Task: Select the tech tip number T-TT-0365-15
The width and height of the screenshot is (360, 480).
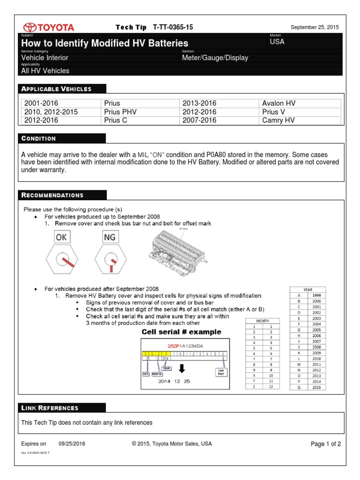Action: tap(172, 28)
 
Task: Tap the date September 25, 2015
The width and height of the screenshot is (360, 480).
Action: tap(315, 28)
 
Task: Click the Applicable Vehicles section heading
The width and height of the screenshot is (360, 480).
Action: tap(56, 89)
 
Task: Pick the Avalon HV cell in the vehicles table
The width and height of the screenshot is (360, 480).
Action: tap(279, 103)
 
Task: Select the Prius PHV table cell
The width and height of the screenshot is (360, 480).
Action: tap(120, 112)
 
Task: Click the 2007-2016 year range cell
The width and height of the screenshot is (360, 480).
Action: tap(199, 120)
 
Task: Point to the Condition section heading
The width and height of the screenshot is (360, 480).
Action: tap(38, 138)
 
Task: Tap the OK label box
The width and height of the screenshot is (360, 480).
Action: tap(61, 238)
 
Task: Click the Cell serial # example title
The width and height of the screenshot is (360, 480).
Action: tap(181, 332)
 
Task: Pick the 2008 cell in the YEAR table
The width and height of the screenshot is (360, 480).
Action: tap(316, 347)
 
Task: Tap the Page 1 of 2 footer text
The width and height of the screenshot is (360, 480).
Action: tap(326, 444)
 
